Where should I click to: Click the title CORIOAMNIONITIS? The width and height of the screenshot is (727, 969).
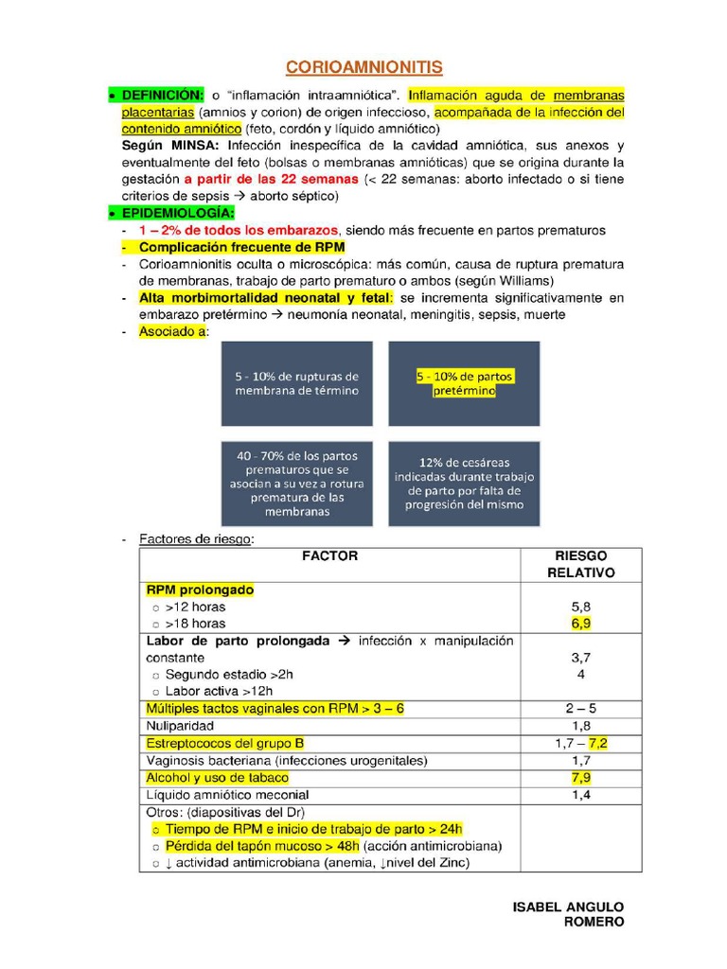click(x=363, y=67)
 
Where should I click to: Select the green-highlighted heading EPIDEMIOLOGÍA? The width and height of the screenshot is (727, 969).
click(x=178, y=213)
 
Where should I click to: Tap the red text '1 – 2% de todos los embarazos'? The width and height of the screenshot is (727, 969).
click(x=238, y=230)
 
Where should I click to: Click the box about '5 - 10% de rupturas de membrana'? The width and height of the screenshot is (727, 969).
click(x=297, y=383)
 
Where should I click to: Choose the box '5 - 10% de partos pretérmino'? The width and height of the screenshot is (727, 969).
click(x=464, y=383)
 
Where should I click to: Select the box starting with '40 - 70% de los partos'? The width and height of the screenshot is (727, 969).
click(x=297, y=484)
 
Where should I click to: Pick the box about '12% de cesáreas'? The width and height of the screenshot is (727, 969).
click(x=464, y=484)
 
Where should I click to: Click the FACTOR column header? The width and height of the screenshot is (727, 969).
click(x=329, y=556)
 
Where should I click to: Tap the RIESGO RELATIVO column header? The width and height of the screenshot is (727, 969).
click(x=581, y=564)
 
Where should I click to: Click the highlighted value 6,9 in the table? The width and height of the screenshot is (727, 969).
click(x=581, y=624)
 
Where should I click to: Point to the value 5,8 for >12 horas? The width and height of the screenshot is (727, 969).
click(x=581, y=607)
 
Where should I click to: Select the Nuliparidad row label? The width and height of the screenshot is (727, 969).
click(x=180, y=726)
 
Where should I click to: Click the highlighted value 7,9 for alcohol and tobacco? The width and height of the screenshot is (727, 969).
click(x=581, y=778)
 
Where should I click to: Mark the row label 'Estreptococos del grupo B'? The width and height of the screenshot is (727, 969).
click(x=225, y=743)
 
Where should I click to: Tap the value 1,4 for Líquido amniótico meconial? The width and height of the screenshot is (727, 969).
click(x=581, y=795)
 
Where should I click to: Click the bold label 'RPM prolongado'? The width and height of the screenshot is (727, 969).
click(x=201, y=590)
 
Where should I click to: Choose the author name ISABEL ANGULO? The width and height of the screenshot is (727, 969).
click(x=568, y=907)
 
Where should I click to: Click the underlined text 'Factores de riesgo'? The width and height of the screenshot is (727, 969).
click(x=196, y=538)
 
